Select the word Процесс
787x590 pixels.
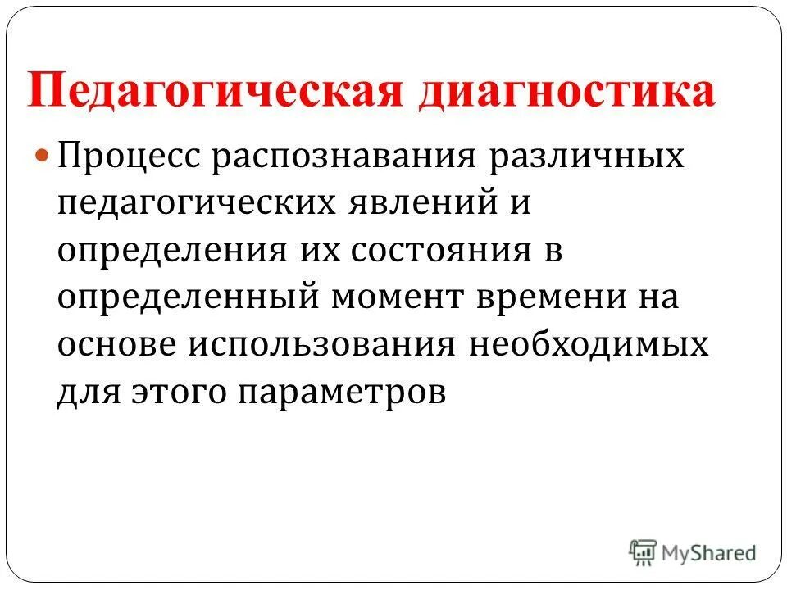click(x=131, y=157)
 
